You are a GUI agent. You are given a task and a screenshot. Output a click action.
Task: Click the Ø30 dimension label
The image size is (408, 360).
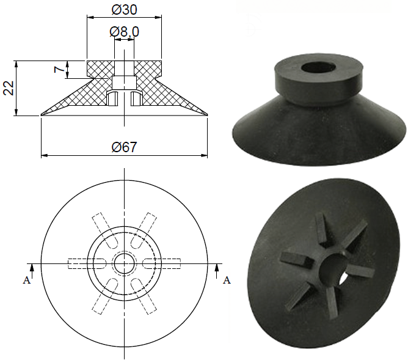click(x=124, y=10)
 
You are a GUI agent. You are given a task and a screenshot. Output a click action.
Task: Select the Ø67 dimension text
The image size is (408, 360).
click(x=124, y=147)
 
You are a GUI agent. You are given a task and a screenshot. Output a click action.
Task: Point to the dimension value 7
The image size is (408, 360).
click(x=59, y=70)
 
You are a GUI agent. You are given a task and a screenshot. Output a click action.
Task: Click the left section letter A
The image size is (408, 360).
click(x=25, y=280)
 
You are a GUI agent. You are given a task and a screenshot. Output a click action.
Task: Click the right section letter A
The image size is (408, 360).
click(x=227, y=280)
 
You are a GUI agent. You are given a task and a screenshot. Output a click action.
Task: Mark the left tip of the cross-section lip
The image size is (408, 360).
click(x=42, y=114)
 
